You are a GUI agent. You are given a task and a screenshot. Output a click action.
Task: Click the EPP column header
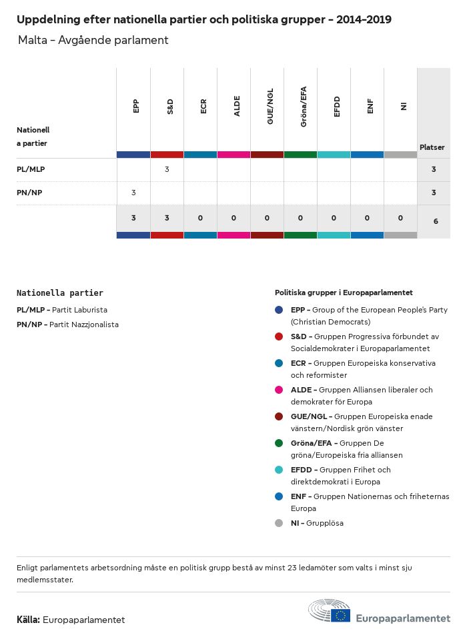click(x=136, y=106)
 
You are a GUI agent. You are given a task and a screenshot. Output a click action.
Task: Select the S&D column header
click(x=169, y=106)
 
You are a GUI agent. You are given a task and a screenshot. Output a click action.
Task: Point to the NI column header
click(x=403, y=106)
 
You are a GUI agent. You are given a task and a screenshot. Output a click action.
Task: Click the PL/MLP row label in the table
click(x=31, y=169)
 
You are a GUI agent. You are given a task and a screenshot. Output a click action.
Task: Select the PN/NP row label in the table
click(x=30, y=193)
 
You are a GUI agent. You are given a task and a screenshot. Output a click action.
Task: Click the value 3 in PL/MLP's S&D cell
click(x=167, y=169)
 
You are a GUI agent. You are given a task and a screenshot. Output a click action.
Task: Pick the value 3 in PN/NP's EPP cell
click(x=133, y=193)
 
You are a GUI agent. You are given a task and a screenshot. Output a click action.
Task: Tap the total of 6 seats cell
click(x=435, y=221)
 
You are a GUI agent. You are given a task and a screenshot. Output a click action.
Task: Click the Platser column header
click(x=432, y=147)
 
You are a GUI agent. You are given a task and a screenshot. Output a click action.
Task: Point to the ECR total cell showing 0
click(x=200, y=218)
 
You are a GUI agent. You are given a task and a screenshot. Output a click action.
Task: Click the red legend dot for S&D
click(x=279, y=336)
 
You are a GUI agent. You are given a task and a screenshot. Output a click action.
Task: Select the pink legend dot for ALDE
click(x=279, y=390)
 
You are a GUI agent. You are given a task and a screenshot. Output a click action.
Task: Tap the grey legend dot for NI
click(x=279, y=523)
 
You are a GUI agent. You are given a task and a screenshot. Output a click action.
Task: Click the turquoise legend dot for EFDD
click(x=279, y=470)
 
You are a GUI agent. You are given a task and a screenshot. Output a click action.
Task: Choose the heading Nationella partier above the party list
click(x=60, y=293)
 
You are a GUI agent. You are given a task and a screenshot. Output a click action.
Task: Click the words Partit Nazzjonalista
click(x=84, y=324)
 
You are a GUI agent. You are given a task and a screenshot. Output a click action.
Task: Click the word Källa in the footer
click(x=28, y=620)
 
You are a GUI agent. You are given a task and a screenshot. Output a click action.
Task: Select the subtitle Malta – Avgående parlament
click(x=93, y=41)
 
